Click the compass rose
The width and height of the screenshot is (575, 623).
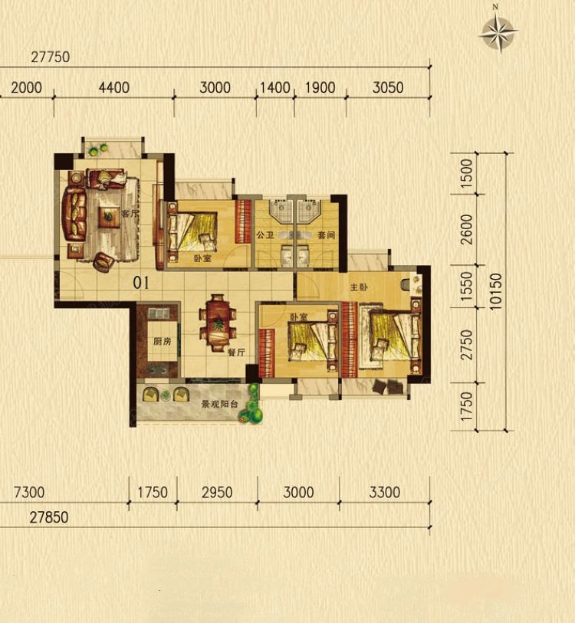tap(498, 31)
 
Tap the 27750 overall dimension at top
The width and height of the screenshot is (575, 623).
tap(51, 57)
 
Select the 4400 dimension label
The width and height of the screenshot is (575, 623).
tap(114, 88)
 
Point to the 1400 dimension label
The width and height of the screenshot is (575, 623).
tap(274, 88)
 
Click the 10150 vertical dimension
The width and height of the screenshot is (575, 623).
tap(496, 291)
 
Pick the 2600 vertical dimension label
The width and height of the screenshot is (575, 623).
tap(467, 229)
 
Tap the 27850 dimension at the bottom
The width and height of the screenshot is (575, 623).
tap(49, 517)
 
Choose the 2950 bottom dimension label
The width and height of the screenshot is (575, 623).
tap(217, 493)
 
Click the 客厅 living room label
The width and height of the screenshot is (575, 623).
tap(131, 213)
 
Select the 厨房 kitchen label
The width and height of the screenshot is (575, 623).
tap(163, 341)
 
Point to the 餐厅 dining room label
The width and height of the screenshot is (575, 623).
tap(236, 352)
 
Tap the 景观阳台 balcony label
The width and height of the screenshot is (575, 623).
tap(219, 405)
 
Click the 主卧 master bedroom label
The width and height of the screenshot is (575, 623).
tap(359, 287)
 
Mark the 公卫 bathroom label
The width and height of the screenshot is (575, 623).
tap(265, 234)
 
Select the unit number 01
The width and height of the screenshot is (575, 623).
tap(141, 283)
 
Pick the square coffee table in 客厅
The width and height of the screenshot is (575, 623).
tap(109, 217)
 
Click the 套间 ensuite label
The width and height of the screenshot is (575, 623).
tap(326, 234)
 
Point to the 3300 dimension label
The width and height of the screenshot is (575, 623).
tap(385, 493)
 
